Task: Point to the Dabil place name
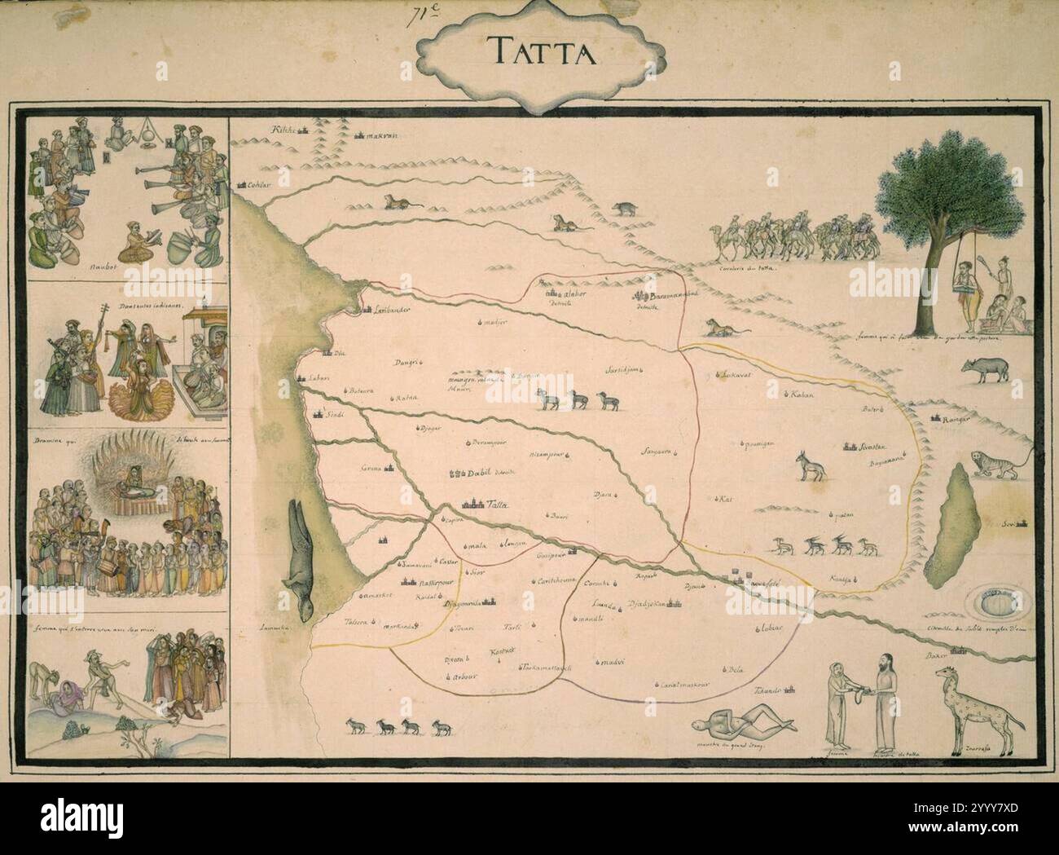[476, 473]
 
